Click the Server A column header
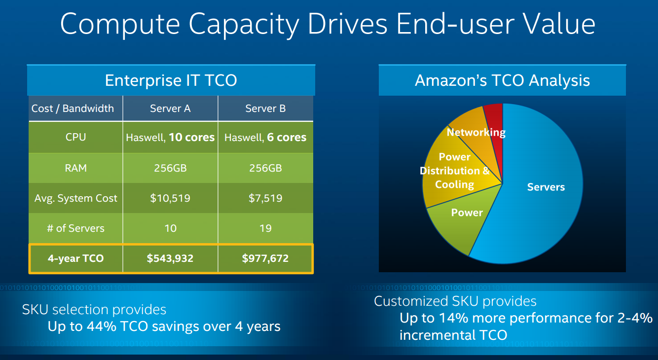point(170,108)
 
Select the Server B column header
point(265,108)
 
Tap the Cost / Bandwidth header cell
point(73,108)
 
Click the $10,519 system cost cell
point(170,198)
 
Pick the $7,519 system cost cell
point(265,198)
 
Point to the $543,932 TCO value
point(170,258)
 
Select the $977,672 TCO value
point(265,258)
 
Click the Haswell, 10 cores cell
point(170,138)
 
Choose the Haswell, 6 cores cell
point(265,138)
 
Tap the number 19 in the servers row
point(265,228)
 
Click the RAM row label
point(75,168)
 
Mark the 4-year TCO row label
point(75,258)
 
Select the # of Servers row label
point(75,228)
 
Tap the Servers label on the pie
point(546,187)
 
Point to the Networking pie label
point(475,132)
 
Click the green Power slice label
point(467,213)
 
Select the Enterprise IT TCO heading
point(171,80)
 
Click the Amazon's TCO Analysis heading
point(502,80)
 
